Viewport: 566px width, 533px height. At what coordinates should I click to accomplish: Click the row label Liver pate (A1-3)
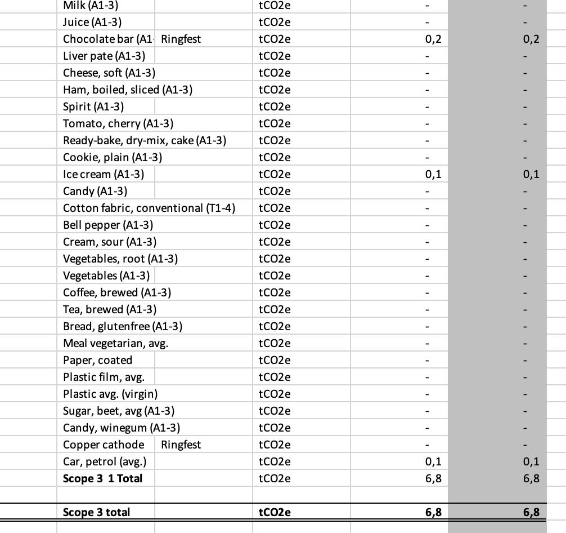tap(104, 56)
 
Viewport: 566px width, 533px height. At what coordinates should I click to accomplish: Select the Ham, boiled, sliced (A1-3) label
tap(128, 90)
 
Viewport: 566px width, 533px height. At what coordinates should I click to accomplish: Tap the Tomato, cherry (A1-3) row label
tap(118, 123)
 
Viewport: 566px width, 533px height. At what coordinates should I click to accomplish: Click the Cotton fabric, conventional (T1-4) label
tap(149, 208)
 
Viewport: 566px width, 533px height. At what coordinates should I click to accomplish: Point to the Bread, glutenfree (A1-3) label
tap(123, 326)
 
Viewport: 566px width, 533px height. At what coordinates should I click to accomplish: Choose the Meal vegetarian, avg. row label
tap(115, 343)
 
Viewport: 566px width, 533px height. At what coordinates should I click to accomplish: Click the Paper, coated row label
tap(97, 360)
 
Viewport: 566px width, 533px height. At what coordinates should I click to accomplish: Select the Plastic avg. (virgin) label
tap(110, 394)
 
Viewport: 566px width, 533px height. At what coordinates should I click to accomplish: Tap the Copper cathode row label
tap(104, 445)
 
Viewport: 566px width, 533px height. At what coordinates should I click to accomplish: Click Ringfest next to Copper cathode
tap(181, 445)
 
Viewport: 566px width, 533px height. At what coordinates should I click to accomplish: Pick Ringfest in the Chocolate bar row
tap(181, 39)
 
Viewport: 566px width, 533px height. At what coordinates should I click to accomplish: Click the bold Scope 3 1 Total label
tap(102, 478)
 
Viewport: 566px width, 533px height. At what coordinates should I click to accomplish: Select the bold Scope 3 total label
tap(96, 512)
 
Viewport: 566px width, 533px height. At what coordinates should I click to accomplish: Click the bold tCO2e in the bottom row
tap(275, 512)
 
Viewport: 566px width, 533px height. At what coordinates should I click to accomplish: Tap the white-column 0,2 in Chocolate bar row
tap(433, 39)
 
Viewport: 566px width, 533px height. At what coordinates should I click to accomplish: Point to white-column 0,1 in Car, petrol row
tap(433, 461)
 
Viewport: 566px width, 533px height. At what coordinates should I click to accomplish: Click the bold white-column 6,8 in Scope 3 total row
tap(433, 512)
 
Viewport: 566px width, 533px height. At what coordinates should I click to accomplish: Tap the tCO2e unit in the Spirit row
tap(275, 106)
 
